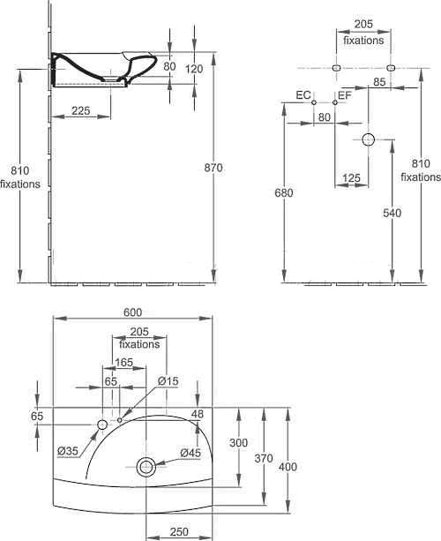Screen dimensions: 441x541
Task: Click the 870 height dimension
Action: (x=213, y=168)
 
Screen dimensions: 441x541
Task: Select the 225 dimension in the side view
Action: (x=80, y=110)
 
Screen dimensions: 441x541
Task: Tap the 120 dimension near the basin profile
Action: (x=194, y=69)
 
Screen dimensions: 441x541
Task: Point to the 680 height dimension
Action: (x=284, y=193)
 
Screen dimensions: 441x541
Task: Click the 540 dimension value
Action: (x=392, y=213)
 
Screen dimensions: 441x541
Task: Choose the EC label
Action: (x=303, y=95)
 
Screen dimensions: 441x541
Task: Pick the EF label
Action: (x=345, y=95)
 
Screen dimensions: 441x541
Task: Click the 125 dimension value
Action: (x=352, y=178)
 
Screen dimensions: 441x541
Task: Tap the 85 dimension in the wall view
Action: (x=379, y=82)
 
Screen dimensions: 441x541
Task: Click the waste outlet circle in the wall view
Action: (x=369, y=139)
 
